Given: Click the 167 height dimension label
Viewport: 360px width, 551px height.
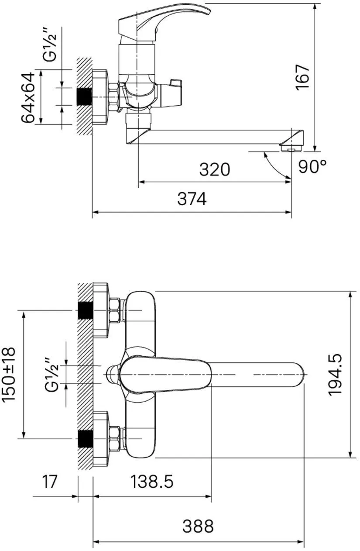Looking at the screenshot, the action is (302, 77).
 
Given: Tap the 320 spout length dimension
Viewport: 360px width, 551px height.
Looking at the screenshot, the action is (214, 169).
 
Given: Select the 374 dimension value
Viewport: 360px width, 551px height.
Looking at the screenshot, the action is (192, 199).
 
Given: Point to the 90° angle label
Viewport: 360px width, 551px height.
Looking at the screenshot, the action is (312, 166).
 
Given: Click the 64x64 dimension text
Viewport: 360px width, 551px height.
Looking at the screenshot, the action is (28, 97).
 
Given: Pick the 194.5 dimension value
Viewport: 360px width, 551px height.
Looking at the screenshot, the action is (335, 375).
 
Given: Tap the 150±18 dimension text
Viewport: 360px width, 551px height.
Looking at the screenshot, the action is (9, 375).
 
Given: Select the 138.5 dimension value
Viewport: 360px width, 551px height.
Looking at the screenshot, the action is (152, 482).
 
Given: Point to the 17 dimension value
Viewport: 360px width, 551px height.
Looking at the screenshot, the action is (49, 482).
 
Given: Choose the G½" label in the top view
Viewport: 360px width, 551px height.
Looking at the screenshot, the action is (52, 374).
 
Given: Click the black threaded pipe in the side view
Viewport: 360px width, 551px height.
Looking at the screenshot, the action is (84, 97).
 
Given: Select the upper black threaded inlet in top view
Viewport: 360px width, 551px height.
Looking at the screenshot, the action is (85, 310).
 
